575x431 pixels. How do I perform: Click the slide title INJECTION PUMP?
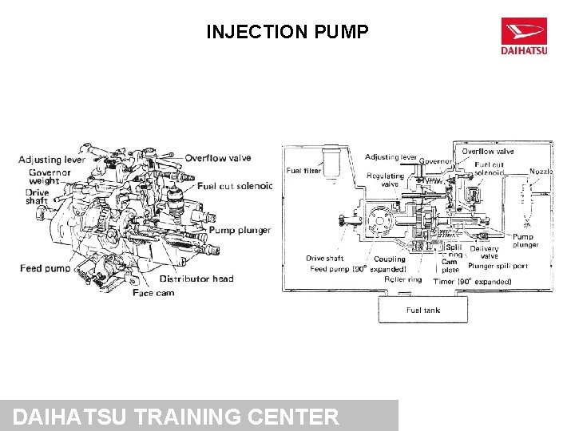click(287, 32)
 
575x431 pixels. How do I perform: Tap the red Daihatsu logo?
click(524, 38)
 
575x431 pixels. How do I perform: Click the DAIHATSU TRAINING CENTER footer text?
click(176, 417)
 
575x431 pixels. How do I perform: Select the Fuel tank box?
click(423, 310)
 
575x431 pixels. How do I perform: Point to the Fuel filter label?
click(303, 170)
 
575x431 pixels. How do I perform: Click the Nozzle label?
click(541, 171)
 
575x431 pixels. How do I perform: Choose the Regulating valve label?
click(385, 180)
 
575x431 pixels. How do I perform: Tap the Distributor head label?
click(196, 279)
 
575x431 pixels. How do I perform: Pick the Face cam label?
click(153, 293)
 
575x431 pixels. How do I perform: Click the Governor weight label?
click(50, 176)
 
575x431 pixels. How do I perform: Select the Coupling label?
click(389, 259)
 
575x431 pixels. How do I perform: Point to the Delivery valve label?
click(484, 252)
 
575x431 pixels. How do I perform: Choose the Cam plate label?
click(450, 266)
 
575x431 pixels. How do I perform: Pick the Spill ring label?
click(454, 251)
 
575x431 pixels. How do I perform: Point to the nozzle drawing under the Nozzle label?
click(526, 204)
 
